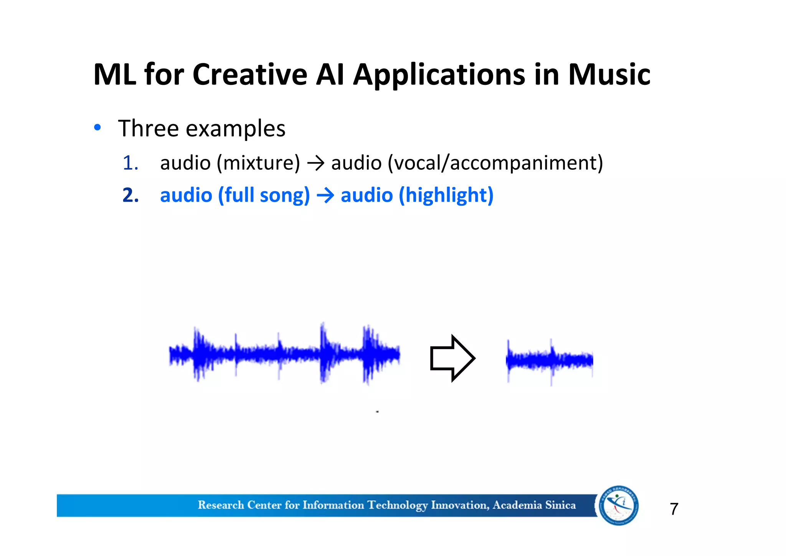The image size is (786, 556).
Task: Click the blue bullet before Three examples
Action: point(97,127)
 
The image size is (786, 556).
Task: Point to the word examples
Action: point(236,128)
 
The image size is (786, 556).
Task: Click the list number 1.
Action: point(130,163)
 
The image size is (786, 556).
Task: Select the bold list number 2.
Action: point(130,195)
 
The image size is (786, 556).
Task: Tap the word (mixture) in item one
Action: point(258,163)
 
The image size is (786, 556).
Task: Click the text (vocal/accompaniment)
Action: point(495,163)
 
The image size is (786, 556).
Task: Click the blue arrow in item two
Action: point(325,196)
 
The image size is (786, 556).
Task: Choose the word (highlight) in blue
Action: point(446,195)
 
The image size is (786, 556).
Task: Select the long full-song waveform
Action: point(284,353)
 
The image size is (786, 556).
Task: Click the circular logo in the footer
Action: point(619,505)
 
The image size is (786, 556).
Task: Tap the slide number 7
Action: point(674,509)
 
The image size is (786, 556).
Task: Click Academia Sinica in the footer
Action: point(534,505)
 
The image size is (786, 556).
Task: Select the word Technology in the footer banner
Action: point(397,505)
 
